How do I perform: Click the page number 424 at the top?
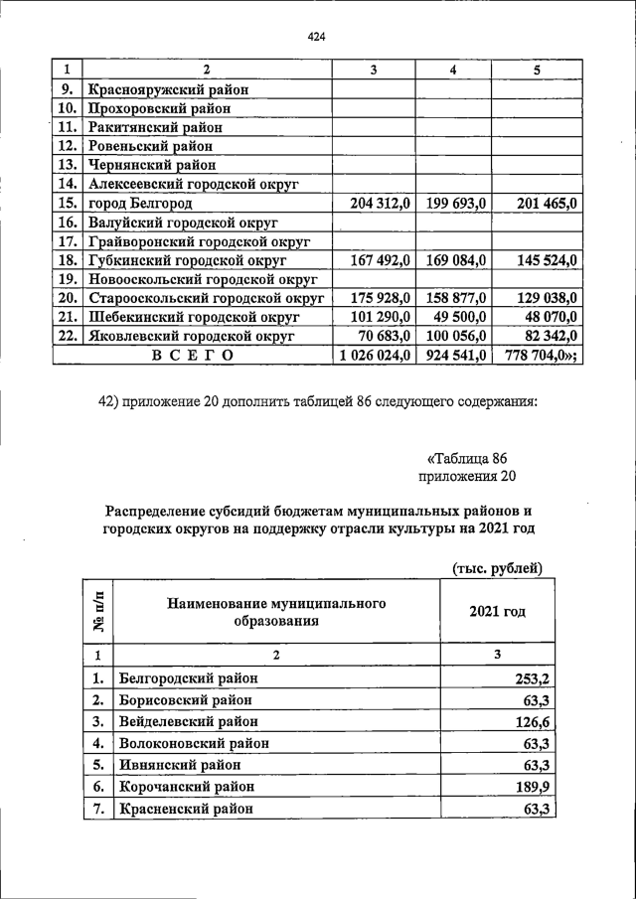(x=317, y=37)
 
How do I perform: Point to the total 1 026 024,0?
(x=375, y=355)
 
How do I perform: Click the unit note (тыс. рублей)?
(x=496, y=568)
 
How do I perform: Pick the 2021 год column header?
(x=497, y=612)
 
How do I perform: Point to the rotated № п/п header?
(x=98, y=612)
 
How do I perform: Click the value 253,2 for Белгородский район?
(x=531, y=678)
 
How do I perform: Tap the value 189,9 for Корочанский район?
(x=531, y=786)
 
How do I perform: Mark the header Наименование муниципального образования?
(x=276, y=612)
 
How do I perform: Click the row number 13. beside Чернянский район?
(x=68, y=165)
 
